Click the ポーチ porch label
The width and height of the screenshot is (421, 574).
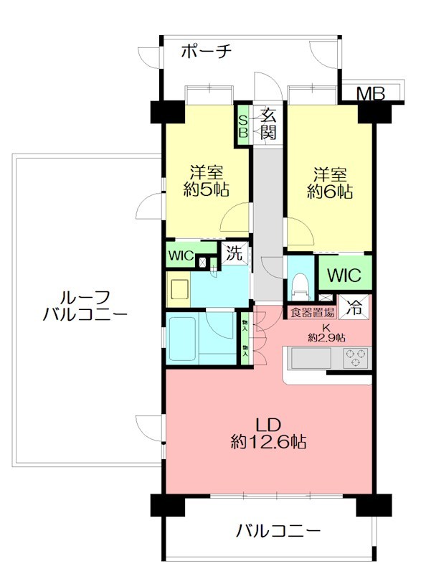coord(206,52)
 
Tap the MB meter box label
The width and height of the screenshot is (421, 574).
coord(371,93)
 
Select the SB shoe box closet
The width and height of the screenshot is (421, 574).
coord(243,126)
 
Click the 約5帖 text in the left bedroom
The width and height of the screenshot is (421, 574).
coord(207,191)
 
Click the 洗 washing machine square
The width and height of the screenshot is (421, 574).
coord(234,253)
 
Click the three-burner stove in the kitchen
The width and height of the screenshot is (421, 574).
coord(356,357)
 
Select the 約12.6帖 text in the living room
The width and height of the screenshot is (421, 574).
coord(268,442)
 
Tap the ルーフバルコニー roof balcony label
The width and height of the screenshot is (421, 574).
coord(85,305)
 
